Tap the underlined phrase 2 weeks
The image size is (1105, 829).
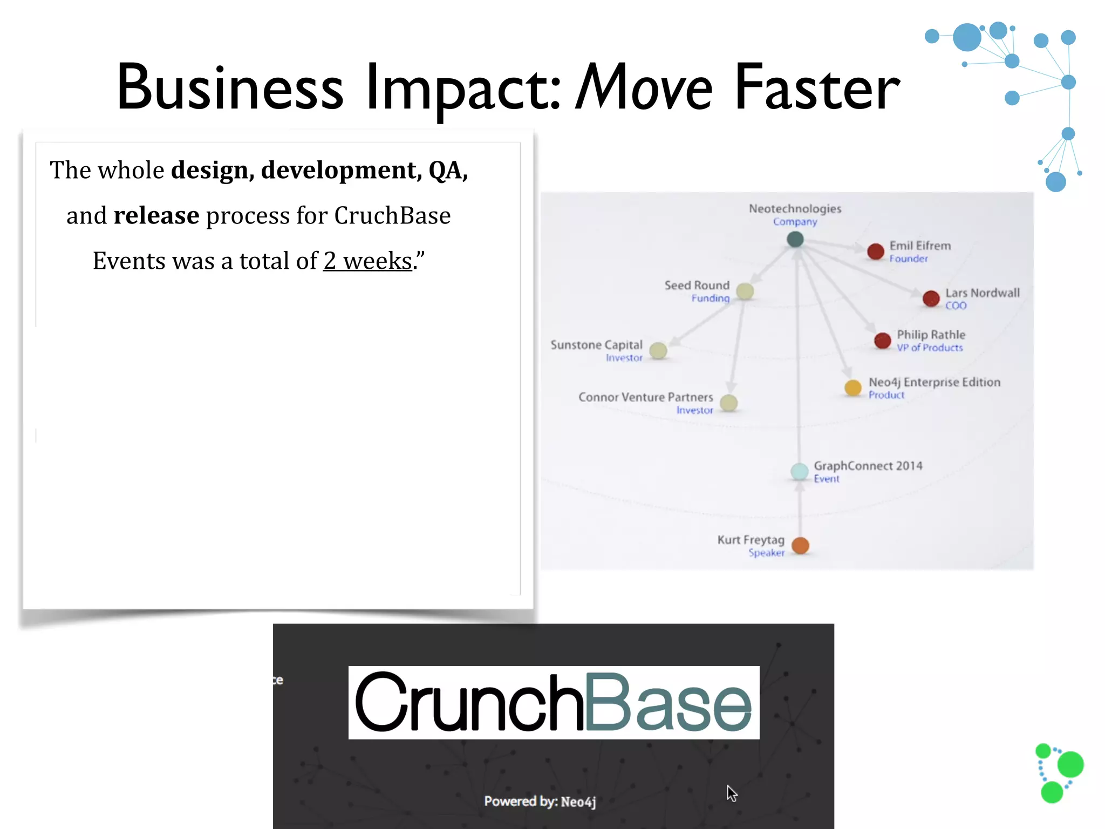coord(367,261)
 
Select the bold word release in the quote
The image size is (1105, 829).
coord(156,216)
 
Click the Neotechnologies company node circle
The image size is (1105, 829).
coord(795,239)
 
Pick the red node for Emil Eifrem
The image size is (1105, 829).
coord(875,251)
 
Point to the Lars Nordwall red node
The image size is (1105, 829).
coord(931,298)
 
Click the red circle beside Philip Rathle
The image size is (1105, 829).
coord(882,341)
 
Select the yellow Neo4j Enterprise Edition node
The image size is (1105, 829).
coord(852,388)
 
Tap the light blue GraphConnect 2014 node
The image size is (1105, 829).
coord(799,471)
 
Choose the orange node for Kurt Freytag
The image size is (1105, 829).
coord(800,546)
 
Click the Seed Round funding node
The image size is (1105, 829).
coord(745,291)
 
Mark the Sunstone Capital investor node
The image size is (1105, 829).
coord(658,351)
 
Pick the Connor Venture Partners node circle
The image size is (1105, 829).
coord(728,403)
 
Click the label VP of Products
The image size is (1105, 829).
coord(929,348)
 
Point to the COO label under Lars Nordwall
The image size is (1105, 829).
coord(956,306)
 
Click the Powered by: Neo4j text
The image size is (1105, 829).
coord(540,801)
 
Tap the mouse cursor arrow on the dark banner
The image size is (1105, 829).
coord(731,793)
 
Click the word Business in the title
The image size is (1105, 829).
coord(230,87)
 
